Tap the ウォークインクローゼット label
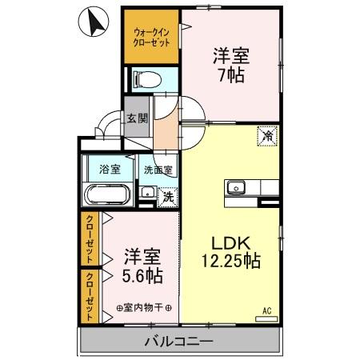pos(150,37)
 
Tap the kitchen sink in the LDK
pos(236,189)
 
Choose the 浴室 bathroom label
pos(110,169)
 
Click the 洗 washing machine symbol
pos(168,196)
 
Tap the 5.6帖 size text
pos(142,276)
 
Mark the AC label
pos(267,310)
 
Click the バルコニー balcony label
pos(179,342)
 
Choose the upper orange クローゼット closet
pos(90,238)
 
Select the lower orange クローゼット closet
pos(90,295)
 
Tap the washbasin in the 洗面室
pos(148,193)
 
